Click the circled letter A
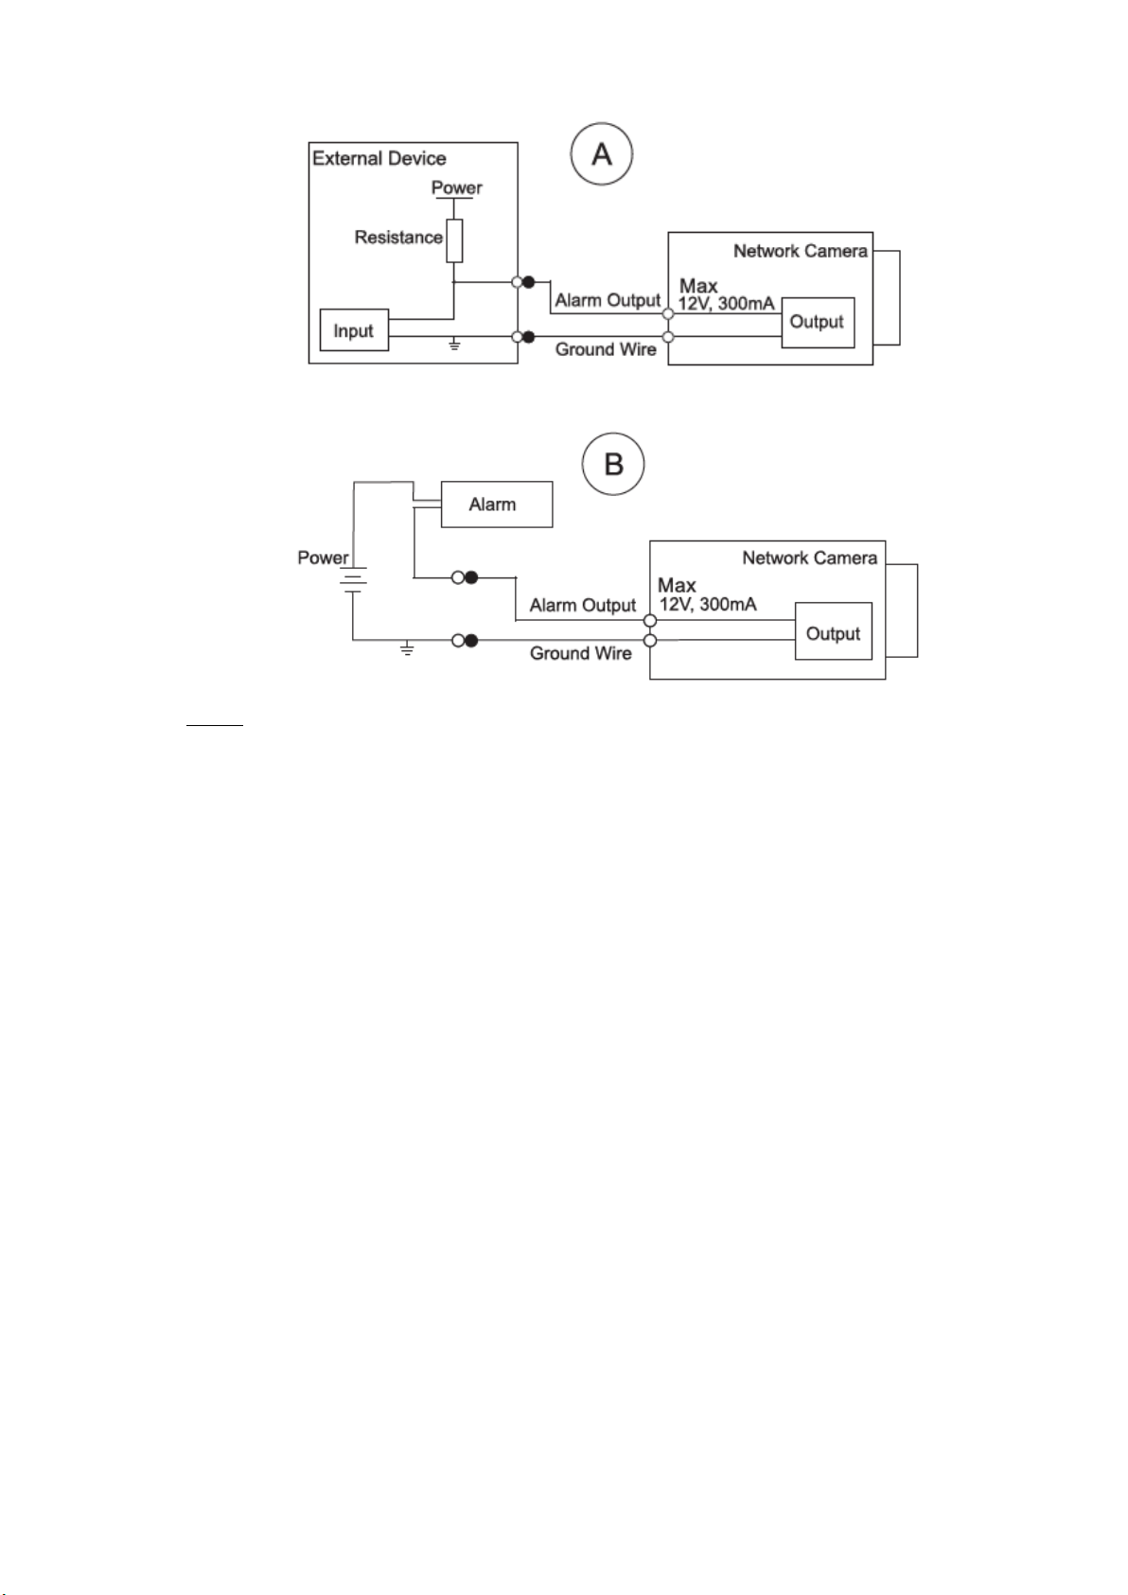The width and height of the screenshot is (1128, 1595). [601, 153]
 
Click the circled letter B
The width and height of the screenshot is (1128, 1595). [613, 464]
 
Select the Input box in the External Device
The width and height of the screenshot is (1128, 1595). [354, 329]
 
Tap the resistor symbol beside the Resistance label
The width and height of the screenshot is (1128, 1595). [454, 240]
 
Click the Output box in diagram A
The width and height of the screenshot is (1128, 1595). [818, 323]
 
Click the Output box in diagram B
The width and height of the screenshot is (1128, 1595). [834, 630]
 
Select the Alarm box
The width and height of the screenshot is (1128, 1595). [497, 505]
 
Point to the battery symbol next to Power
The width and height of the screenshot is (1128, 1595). [353, 579]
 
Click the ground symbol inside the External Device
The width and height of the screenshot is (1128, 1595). [454, 345]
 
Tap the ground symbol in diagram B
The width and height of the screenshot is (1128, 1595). [407, 648]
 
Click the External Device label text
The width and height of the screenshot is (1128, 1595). [379, 158]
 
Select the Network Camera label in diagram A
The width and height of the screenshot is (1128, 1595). [801, 251]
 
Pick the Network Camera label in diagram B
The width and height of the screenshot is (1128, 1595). [810, 558]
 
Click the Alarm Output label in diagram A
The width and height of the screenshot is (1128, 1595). [608, 300]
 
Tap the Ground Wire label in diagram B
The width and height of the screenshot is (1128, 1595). [581, 653]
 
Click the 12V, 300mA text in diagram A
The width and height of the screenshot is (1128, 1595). [726, 303]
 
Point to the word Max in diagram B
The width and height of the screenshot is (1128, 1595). [677, 585]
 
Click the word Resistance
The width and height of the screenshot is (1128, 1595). [398, 237]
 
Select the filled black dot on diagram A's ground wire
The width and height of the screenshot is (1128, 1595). [528, 337]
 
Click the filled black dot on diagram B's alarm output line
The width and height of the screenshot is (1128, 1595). [471, 577]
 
